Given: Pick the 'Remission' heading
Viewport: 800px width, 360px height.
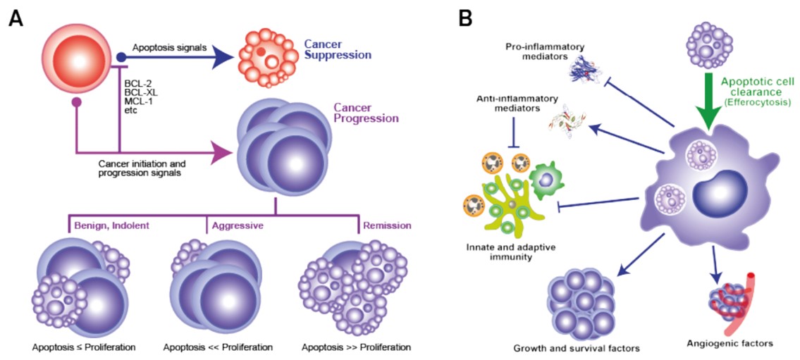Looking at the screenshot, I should tap(386, 226).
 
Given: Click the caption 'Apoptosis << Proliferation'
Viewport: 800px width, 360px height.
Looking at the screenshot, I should tap(218, 347).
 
